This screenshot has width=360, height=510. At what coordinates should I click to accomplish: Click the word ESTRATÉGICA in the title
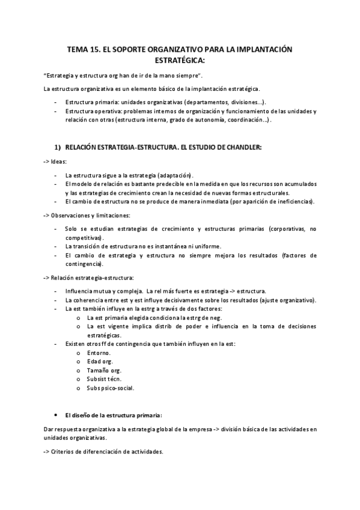(x=180, y=60)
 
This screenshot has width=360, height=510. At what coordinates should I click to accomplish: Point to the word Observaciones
(x=72, y=215)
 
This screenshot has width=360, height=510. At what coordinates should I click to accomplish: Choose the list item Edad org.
(x=100, y=361)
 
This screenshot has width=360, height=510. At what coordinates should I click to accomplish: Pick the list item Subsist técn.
(x=104, y=379)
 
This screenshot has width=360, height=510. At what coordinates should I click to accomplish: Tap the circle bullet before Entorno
(x=79, y=353)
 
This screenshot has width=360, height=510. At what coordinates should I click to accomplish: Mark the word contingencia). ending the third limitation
(x=84, y=264)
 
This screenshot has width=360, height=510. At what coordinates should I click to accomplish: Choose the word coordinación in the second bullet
(x=243, y=120)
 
